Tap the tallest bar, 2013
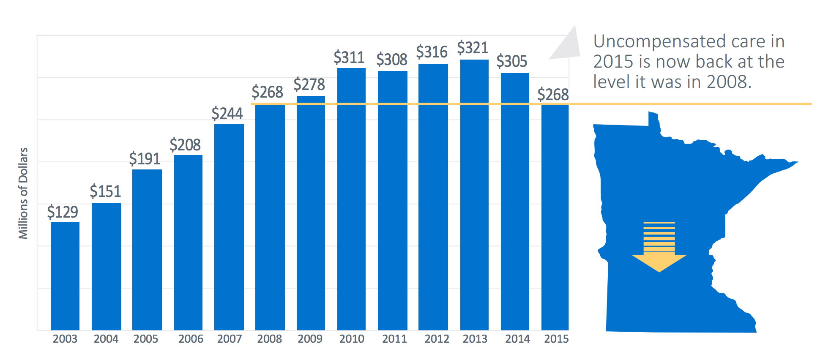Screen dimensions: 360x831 [474, 195]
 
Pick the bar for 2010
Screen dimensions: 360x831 [351, 199]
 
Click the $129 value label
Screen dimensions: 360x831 [63, 212]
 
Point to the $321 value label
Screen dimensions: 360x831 [473, 48]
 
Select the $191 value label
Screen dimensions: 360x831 [145, 159]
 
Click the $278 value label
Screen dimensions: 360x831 [309, 85]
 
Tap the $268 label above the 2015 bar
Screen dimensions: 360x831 [553, 95]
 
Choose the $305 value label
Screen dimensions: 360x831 [511, 62]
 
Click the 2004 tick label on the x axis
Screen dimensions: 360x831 [106, 339]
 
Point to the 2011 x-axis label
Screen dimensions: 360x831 [394, 339]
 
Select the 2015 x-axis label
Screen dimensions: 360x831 [556, 339]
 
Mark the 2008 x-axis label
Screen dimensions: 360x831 [269, 339]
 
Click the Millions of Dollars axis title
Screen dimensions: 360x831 [23, 193]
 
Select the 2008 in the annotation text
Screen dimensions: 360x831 [727, 82]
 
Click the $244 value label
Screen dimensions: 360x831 [227, 114]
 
